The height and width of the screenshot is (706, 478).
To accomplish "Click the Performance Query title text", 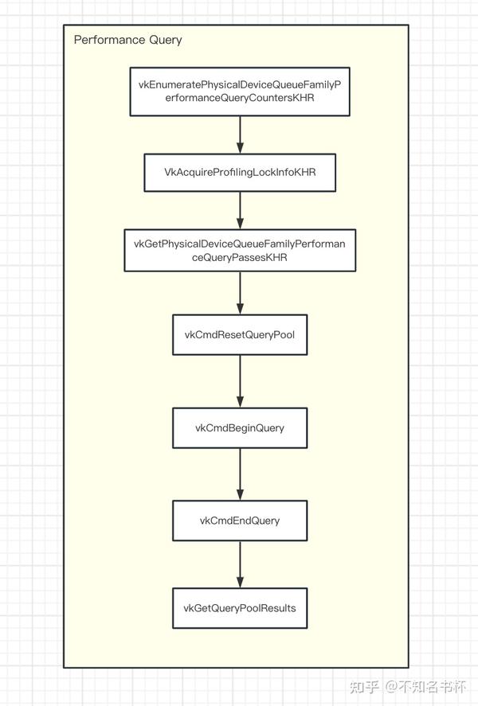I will click(x=127, y=40).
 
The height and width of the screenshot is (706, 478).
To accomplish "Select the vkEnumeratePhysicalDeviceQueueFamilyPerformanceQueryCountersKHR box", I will click(x=240, y=92).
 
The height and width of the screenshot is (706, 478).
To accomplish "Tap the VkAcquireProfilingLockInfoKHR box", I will click(x=240, y=173).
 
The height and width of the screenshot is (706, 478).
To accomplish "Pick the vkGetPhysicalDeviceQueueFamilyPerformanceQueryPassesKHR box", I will click(x=240, y=251).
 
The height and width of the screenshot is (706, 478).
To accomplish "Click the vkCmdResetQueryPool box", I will click(x=240, y=334).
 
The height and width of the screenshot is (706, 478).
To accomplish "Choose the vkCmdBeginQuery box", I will click(x=240, y=427).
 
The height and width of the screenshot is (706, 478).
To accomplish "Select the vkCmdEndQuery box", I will click(x=240, y=521).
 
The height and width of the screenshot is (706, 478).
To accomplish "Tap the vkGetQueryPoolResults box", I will click(x=240, y=608).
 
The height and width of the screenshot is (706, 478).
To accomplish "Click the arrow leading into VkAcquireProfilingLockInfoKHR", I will click(x=240, y=135).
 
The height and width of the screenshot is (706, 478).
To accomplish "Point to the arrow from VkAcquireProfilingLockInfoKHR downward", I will click(x=240, y=211).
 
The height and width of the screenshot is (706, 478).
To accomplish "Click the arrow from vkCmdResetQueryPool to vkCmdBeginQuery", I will click(x=240, y=381).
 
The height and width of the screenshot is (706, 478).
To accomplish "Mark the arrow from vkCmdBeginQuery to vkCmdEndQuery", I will click(x=240, y=474).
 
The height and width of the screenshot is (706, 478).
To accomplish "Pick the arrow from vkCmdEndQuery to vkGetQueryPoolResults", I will click(x=240, y=564).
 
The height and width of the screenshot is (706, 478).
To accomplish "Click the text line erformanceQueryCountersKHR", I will click(x=240, y=99).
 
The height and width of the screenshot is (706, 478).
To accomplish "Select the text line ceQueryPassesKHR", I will click(x=240, y=258).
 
